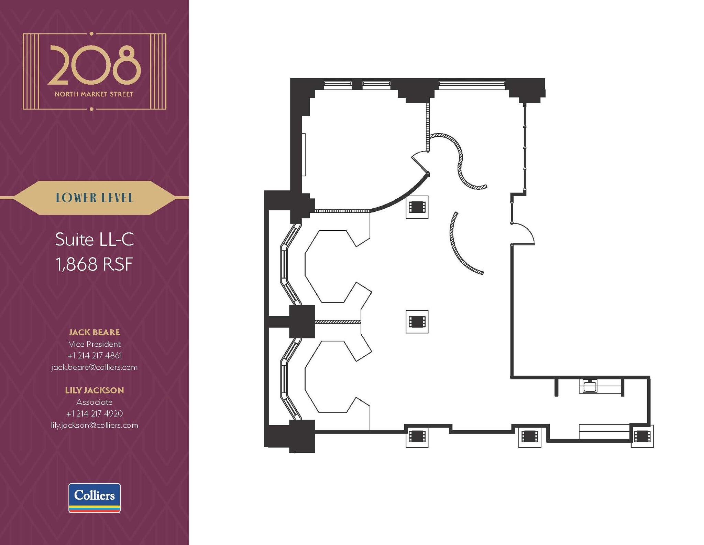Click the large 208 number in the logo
pyautogui.click(x=94, y=65)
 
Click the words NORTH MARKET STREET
pyautogui.click(x=94, y=94)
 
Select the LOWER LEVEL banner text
pyautogui.click(x=95, y=198)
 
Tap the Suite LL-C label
pyautogui.click(x=95, y=239)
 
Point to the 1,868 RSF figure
pyautogui.click(x=95, y=264)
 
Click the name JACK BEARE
pyautogui.click(x=95, y=332)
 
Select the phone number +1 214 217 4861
pyautogui.click(x=95, y=355)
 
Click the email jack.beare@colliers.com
pyautogui.click(x=95, y=367)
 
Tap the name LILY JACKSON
pyautogui.click(x=95, y=390)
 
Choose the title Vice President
pyautogui.click(x=95, y=344)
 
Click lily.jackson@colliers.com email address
pyautogui.click(x=95, y=425)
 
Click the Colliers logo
pyautogui.click(x=95, y=497)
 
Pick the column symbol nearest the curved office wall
pyautogui.click(x=417, y=207)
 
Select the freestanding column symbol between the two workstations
pyautogui.click(x=417, y=322)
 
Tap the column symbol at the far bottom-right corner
pyautogui.click(x=642, y=437)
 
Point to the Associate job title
pyautogui.click(x=95, y=402)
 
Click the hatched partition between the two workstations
pyautogui.click(x=338, y=322)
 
